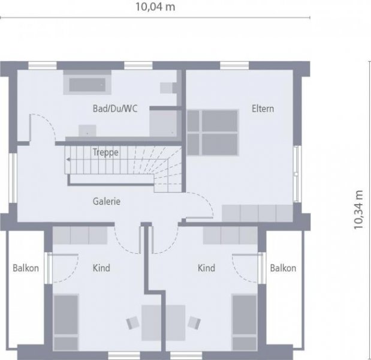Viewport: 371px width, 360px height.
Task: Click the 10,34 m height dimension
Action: pos(359,210)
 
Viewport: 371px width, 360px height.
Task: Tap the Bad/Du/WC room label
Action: pos(114,109)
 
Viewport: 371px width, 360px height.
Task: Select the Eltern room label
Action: pos(263,109)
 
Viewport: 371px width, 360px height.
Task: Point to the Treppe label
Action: pos(105,152)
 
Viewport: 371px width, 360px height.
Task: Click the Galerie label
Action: pos(107,202)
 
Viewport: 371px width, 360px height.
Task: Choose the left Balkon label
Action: pos(26,268)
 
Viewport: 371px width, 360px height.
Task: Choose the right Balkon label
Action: pos(283,268)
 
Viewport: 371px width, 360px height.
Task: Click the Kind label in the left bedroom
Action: pos(101,268)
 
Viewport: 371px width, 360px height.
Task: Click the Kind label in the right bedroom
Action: pos(206,268)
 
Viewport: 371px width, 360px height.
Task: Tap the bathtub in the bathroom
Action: pos(87,84)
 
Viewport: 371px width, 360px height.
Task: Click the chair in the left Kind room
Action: pos(133,322)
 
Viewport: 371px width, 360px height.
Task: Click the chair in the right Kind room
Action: pos(193,322)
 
